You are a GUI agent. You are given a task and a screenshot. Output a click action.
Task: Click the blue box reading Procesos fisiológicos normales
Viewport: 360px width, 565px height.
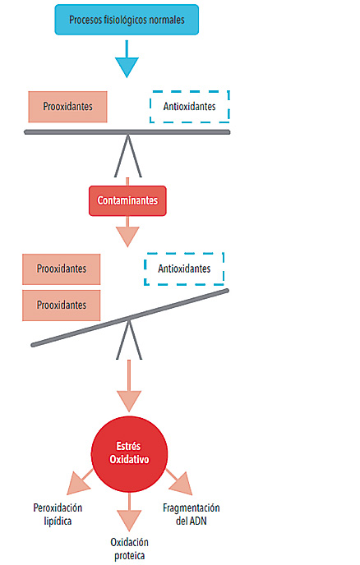pos(127,20)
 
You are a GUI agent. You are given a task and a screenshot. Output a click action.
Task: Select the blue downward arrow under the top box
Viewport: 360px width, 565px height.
pos(127,59)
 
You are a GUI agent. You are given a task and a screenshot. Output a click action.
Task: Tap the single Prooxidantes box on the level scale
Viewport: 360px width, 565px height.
pos(68,107)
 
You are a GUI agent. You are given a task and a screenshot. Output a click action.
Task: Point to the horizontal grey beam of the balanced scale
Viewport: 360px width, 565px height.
pos(127,132)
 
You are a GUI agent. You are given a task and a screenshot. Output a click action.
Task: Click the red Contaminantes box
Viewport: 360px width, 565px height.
pos(127,200)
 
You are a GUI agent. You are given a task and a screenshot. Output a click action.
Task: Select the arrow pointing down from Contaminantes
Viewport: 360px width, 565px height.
pos(127,232)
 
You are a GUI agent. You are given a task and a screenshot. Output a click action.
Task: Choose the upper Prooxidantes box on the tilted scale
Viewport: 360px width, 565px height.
pos(62,269)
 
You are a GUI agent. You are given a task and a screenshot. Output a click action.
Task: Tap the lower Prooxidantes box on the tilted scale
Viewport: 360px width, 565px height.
pos(62,305)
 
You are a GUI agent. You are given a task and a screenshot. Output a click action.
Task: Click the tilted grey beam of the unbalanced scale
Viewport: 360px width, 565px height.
pos(130,318)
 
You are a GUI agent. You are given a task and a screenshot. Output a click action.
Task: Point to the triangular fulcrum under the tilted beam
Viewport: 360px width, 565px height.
pos(129,339)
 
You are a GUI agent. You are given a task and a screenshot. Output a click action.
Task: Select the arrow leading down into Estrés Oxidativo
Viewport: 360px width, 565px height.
pos(129,385)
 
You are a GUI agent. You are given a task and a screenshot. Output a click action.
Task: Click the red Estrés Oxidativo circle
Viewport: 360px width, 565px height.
pos(129,454)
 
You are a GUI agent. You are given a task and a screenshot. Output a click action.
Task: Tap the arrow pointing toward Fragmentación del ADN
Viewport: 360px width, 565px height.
pos(179,483)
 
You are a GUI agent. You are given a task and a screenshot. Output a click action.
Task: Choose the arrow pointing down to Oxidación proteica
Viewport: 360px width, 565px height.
pos(129,512)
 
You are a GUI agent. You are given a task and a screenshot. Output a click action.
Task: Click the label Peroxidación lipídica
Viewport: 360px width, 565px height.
pos(58,514)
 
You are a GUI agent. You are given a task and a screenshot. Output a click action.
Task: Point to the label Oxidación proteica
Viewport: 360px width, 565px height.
pos(129,549)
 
